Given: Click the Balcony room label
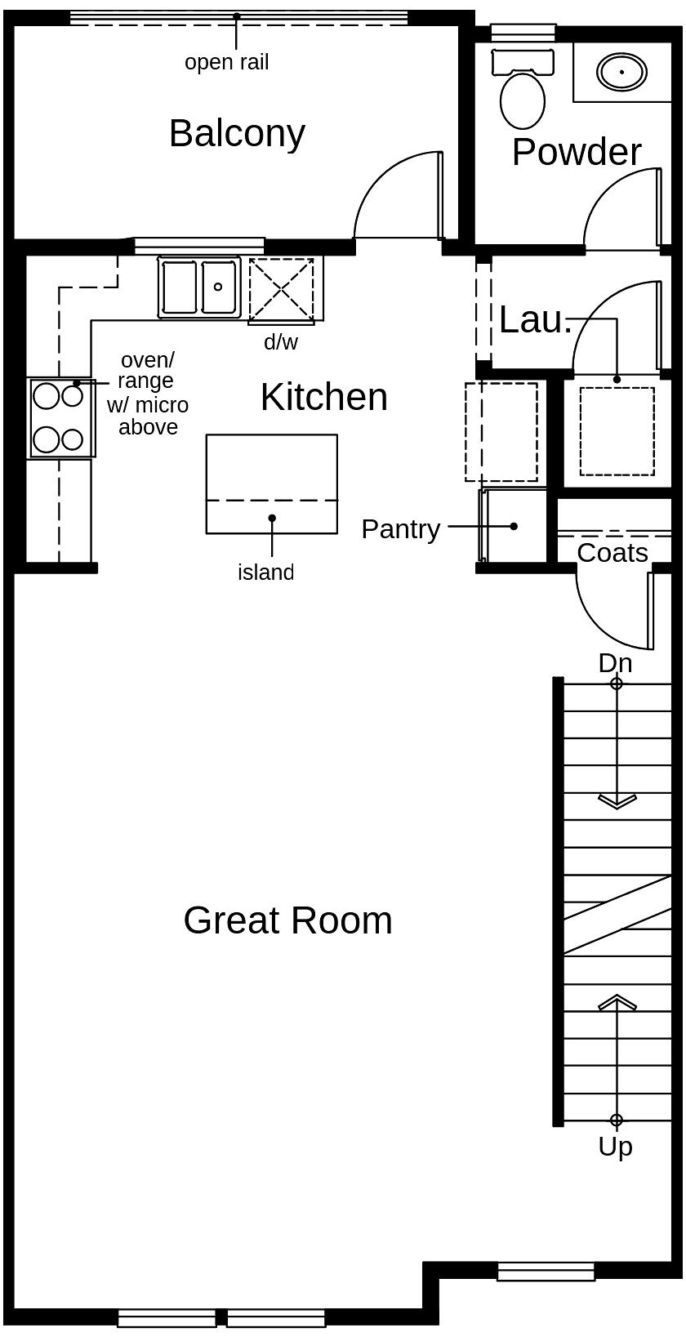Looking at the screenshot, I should (237, 133).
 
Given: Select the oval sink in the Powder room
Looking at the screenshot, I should (621, 72).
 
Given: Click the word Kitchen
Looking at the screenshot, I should (324, 398).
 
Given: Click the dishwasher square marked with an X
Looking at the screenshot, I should (281, 289).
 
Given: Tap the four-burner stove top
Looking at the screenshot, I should (60, 417).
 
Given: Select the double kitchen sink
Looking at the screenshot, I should (199, 287).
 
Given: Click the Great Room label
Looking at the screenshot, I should (287, 920).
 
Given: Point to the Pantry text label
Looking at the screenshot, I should (400, 529).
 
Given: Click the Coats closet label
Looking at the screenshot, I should (612, 553).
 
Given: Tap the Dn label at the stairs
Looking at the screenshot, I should (615, 662).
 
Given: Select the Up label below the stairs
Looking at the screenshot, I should (615, 1147).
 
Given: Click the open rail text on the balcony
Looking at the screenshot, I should (226, 62).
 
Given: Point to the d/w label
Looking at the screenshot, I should (281, 342).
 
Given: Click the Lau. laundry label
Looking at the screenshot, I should (535, 320).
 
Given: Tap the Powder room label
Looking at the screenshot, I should (577, 153).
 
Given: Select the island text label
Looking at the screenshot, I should (265, 572).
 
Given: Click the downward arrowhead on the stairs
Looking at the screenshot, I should (617, 801).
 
